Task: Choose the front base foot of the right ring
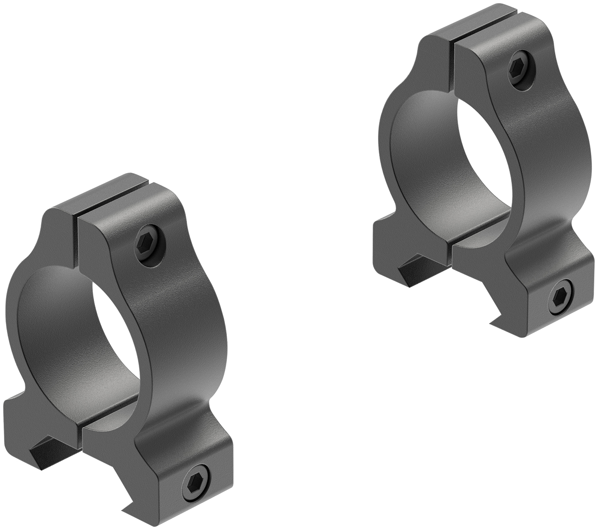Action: click(x=546, y=295)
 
